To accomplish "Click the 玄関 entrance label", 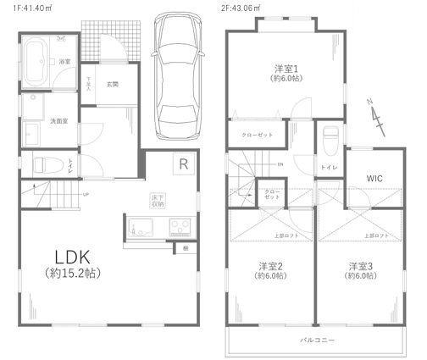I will coord(113,83).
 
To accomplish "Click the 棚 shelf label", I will coord(186,248).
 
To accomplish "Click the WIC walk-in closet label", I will coord(376,178).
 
